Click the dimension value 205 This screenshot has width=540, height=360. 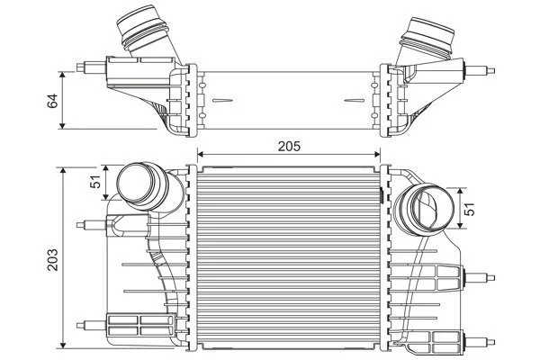[289, 147]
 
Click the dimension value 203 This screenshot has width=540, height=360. [53, 259]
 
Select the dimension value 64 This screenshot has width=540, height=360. [53, 101]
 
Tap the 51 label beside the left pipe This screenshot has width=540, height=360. [95, 181]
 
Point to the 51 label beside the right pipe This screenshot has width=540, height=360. [469, 209]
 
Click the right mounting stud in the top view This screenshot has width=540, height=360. [480, 71]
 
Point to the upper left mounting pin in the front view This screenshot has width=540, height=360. [91, 225]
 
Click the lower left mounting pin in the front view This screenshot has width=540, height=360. [91, 325]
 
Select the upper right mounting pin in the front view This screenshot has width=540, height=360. [480, 277]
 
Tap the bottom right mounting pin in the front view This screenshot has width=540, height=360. [480, 342]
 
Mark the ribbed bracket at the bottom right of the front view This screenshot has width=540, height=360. [446, 342]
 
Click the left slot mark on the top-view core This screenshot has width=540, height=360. [222, 100]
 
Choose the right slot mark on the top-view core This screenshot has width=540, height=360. [355, 101]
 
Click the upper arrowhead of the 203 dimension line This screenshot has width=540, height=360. [62, 171]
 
